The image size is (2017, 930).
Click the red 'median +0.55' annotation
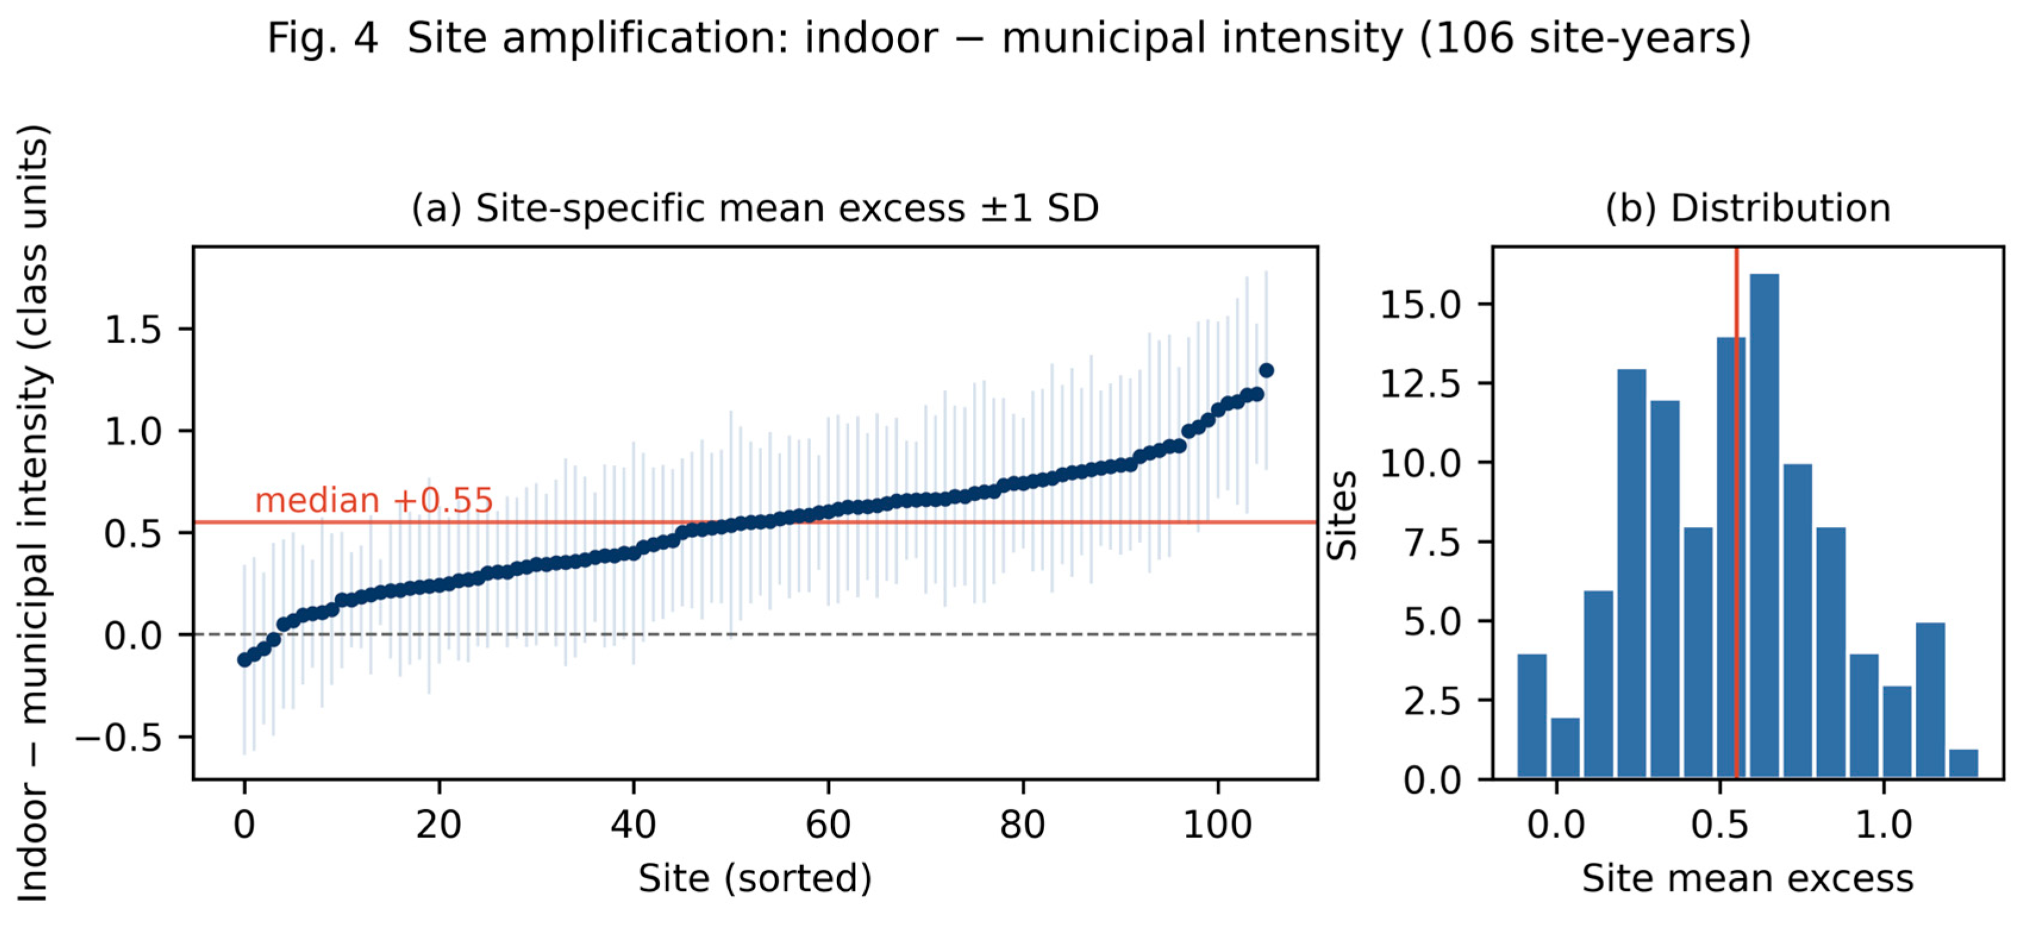[374, 500]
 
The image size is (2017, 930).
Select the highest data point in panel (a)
[1266, 370]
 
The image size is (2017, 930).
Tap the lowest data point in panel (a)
[245, 660]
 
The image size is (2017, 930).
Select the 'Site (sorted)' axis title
[755, 878]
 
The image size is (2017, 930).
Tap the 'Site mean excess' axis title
[1747, 878]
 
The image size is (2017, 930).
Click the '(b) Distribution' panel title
[1747, 208]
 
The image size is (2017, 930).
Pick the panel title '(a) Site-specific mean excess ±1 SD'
[755, 208]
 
